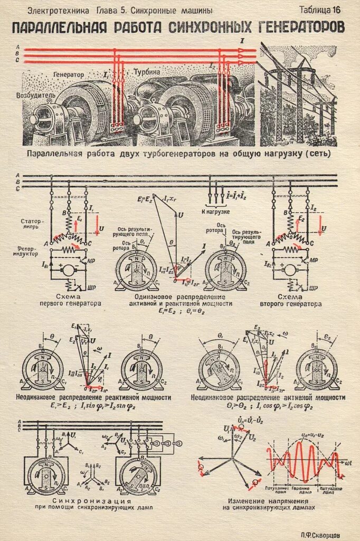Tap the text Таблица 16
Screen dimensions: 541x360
coord(320,10)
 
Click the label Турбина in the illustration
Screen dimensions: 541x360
coord(147,71)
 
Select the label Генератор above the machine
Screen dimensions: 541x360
coord(68,75)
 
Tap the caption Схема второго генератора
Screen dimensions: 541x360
coord(290,300)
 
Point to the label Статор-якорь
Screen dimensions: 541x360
coord(33,223)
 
